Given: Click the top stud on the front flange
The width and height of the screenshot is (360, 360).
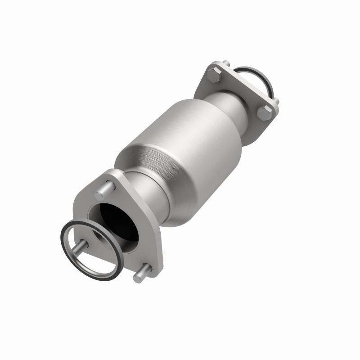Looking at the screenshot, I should [x=102, y=191].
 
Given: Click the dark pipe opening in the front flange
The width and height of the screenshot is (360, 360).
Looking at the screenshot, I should [x=116, y=223].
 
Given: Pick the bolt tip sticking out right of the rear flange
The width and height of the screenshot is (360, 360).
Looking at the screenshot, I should [x=276, y=102].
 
